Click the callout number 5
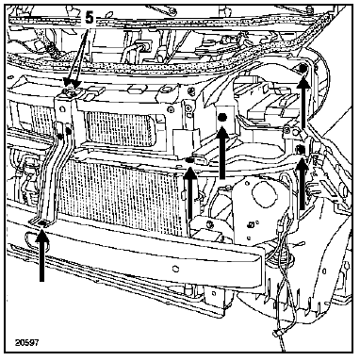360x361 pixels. pos(90,18)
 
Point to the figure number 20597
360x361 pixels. pos(27,342)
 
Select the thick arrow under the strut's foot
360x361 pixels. pos(42,255)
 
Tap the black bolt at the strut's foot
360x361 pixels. pos(42,223)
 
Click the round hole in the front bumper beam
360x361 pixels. pos(175,270)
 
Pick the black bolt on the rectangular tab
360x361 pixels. pos(222,118)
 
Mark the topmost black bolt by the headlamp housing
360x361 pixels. pos(303,69)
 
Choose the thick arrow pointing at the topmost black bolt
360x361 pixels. pos(303,104)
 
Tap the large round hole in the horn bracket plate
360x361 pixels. pos(264,194)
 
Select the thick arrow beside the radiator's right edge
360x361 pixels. pos(190,192)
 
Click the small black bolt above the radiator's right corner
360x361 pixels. pos(189,160)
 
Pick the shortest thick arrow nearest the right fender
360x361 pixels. pos(303,184)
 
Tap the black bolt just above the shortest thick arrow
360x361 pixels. pos(301,149)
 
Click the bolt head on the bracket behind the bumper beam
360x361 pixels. pos(209,224)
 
